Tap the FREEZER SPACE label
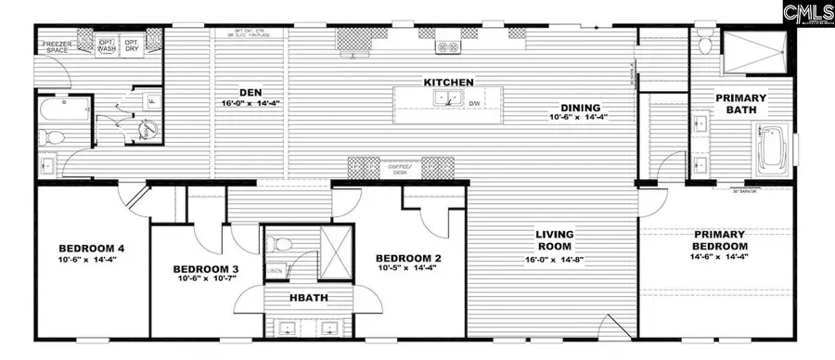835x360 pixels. coord(56,45)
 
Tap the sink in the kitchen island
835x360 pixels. coord(453,100)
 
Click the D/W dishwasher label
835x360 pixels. coord(473,103)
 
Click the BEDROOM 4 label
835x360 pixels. coord(91,248)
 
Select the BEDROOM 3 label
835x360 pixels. coord(206,270)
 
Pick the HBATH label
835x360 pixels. coord(308,298)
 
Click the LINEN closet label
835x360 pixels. coord(276,270)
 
